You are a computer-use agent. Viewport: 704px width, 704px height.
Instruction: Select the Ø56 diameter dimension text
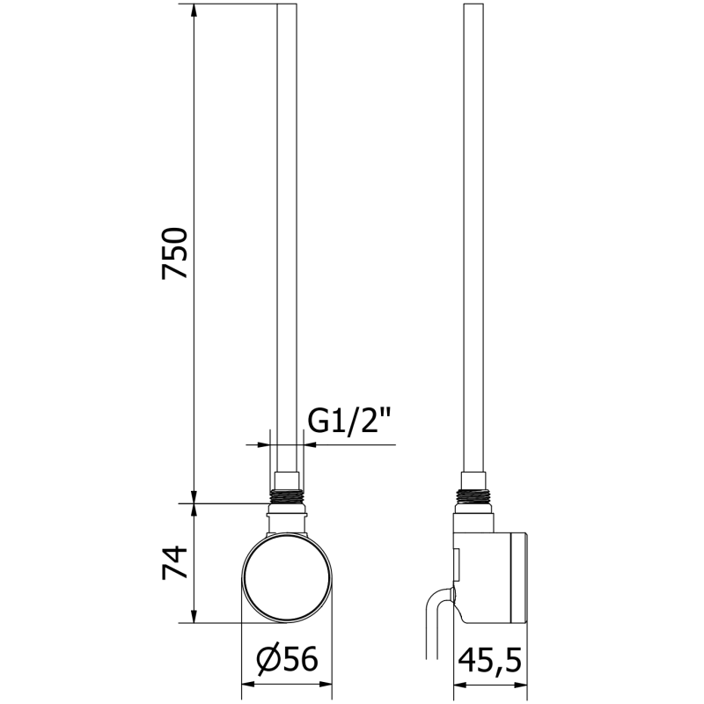point(287,659)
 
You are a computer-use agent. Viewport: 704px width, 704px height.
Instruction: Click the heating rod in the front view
point(288,238)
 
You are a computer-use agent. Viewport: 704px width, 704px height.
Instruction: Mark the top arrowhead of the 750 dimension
point(194,11)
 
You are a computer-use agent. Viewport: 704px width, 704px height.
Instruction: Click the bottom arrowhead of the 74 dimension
point(194,617)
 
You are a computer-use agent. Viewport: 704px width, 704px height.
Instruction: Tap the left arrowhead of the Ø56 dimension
point(247,683)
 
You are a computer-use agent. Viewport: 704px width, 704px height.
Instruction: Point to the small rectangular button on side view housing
point(457,560)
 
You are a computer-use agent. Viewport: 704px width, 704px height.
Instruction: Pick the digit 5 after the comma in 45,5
point(515,659)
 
